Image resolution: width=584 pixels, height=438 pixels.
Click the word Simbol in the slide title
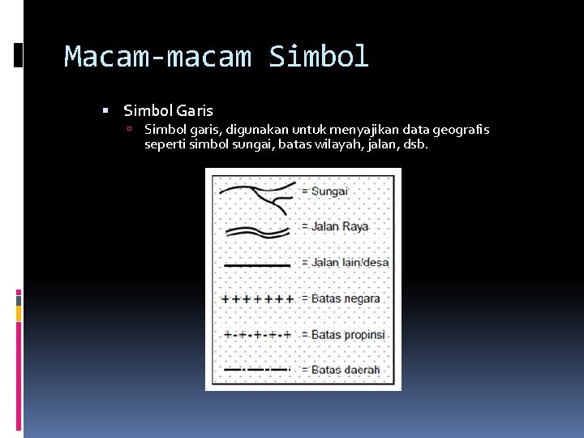point(319,57)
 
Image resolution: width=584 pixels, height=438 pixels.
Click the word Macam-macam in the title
point(158,57)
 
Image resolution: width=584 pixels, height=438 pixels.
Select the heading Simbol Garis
point(168,111)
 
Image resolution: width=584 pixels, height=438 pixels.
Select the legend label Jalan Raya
point(340,226)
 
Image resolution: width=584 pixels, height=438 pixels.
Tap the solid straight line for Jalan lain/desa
point(256,264)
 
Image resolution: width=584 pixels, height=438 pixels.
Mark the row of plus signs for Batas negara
point(256,298)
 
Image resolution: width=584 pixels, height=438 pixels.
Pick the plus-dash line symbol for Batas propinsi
point(256,334)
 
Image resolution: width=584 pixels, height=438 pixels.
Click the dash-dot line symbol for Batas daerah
point(256,370)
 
